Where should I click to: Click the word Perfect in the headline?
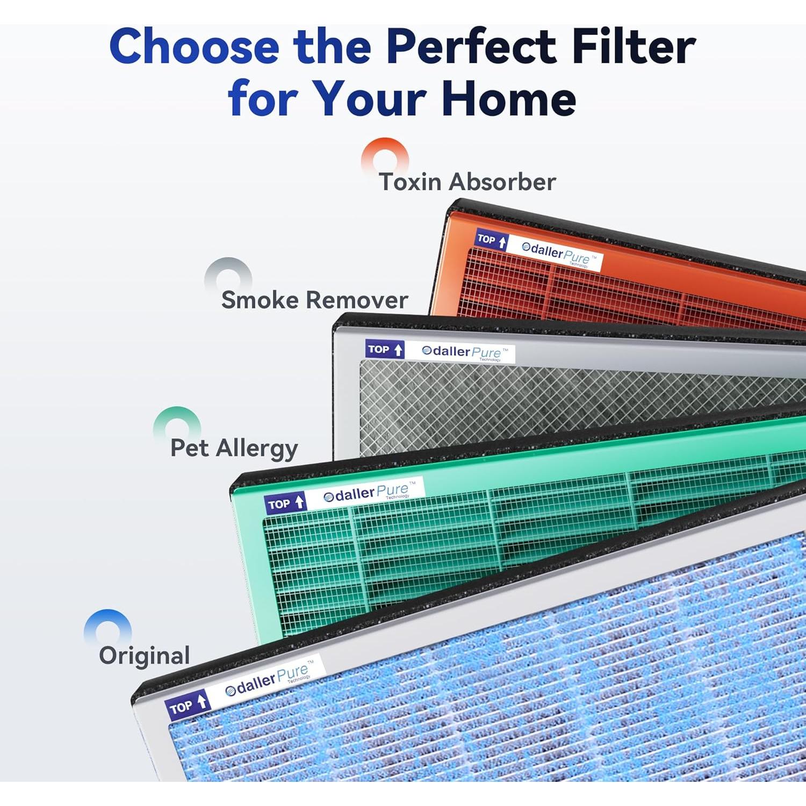[x=472, y=47]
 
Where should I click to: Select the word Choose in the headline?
[x=194, y=47]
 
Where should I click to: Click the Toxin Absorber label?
[x=467, y=182]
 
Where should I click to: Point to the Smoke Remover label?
[x=314, y=300]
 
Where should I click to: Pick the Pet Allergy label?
[x=234, y=448]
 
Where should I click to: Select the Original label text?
[x=145, y=656]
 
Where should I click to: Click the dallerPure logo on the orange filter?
[x=559, y=254]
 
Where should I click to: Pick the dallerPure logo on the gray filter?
[x=462, y=352]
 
